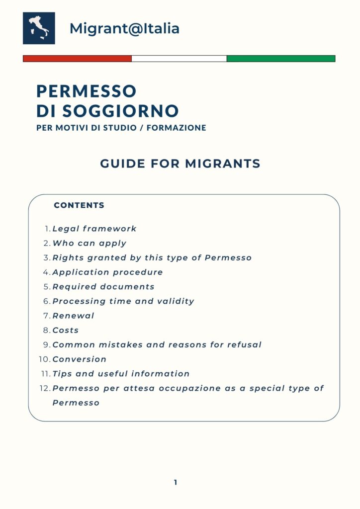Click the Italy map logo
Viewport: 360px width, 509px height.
[x=39, y=28]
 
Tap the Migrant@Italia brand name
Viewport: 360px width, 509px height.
[x=124, y=28]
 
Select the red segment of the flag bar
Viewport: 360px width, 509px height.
[x=77, y=59]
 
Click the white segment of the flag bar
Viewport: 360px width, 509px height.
[x=179, y=59]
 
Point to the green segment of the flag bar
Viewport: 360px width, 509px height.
[x=281, y=59]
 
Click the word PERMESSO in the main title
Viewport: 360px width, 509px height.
[x=86, y=91]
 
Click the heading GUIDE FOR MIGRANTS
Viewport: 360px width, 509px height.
[x=180, y=164]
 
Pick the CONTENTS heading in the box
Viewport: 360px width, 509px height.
[x=79, y=205]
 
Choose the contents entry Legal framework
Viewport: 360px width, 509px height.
[x=94, y=229]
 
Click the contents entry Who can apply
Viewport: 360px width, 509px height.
[x=90, y=243]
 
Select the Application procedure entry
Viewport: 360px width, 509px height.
[x=107, y=272]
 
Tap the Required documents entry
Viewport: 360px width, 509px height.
[x=103, y=286]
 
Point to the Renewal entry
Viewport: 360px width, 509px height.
[x=73, y=315]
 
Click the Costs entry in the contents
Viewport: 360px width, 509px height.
[x=66, y=330]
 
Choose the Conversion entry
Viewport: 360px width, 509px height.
[x=80, y=359]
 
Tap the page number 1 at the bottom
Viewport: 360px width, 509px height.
[x=175, y=482]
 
